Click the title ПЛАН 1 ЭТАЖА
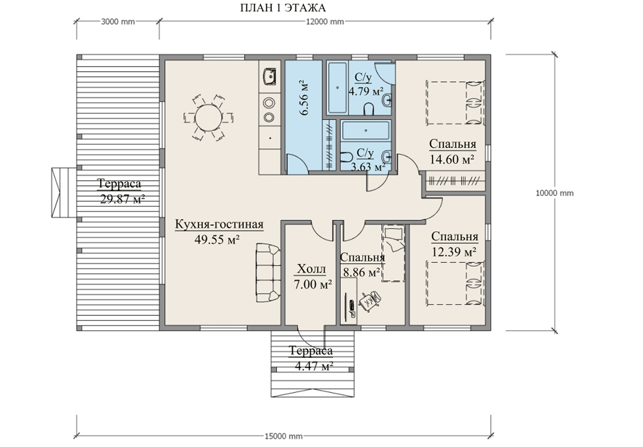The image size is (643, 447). pos(283,7)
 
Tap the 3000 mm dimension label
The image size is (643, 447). pos(118,22)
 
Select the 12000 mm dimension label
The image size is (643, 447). pos(325,22)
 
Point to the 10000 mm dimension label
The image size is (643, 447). pos(554,193)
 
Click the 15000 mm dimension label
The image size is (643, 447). pos(283,436)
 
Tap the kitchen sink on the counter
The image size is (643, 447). pos(269,76)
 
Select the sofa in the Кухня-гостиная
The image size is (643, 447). pos(268,272)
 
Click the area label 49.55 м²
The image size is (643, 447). pos(217,240)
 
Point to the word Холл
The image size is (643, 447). pos(311,269)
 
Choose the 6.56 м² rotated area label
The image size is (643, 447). pos(304,97)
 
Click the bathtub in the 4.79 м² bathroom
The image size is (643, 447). pos(337,88)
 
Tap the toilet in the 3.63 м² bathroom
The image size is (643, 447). pos(346,156)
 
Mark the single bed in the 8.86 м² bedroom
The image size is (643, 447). pos(393,253)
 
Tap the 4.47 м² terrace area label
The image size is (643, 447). pos(314,366)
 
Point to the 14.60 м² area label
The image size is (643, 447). pos(452,159)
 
